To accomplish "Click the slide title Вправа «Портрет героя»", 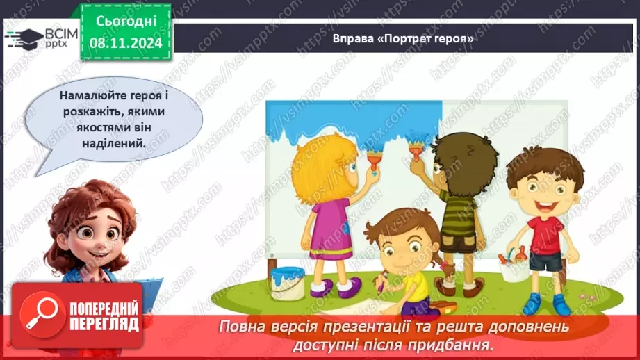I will coord(403,39).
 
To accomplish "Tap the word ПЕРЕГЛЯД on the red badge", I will coord(104,325).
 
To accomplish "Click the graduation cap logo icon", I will coord(23,38).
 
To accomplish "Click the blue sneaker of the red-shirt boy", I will coord(532,303).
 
